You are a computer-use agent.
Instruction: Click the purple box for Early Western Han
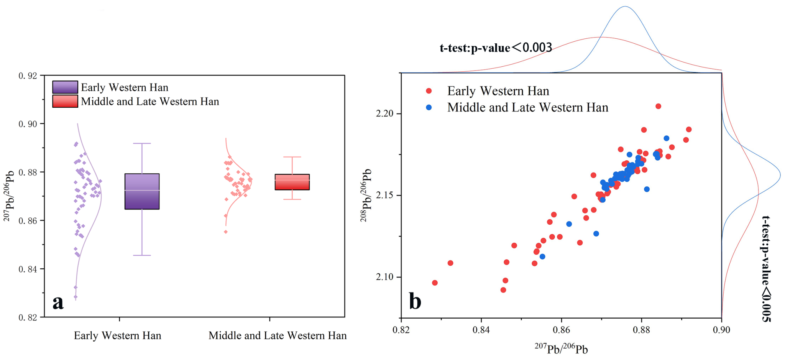142,191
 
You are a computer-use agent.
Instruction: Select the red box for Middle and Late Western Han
292,182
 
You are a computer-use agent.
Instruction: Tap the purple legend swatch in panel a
65,87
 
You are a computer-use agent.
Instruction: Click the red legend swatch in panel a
65,101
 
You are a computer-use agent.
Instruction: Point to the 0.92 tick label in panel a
28,76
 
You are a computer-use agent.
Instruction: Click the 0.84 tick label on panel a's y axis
28,269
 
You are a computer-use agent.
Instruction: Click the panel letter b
415,301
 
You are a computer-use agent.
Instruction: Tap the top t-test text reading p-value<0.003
496,48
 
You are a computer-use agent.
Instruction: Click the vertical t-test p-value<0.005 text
765,268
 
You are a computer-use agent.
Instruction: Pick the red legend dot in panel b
429,91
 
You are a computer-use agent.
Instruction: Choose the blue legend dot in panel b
429,108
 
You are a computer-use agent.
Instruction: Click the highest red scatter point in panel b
658,106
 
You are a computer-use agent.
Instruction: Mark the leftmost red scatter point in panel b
435,283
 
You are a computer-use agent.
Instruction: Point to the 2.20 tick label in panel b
384,113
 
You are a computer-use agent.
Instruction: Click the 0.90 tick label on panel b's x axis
721,330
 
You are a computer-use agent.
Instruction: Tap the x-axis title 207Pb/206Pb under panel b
561,348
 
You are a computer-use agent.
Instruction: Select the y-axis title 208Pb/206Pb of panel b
366,195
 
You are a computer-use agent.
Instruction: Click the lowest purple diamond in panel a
76,297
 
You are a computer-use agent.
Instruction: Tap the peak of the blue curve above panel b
625,7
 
